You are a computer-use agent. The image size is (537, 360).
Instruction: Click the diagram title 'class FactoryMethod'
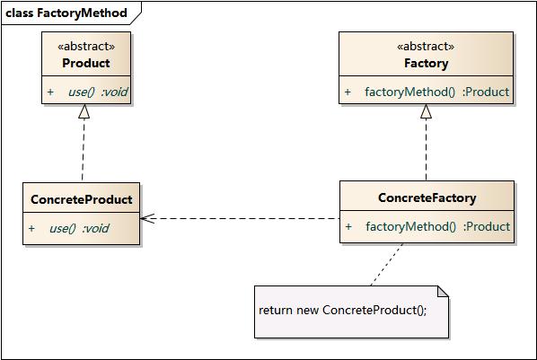pos(66,13)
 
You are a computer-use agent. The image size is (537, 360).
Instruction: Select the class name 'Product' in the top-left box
pos(86,63)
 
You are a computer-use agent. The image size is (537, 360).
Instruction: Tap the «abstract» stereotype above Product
pos(86,46)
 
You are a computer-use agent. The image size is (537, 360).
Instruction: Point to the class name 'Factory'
pos(426,63)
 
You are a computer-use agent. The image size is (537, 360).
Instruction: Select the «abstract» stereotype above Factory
pos(426,46)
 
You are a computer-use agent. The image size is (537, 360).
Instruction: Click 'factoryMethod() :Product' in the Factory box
pos(436,92)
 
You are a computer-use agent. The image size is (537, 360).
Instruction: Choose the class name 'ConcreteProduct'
pos(81,199)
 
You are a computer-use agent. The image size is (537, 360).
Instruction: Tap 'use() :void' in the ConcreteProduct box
pos(79,228)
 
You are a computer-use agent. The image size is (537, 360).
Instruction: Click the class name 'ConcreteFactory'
pos(427,198)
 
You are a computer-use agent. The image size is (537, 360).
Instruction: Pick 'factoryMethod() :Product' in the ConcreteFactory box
pos(437,226)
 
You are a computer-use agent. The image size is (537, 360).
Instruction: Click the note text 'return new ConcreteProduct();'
pos(343,310)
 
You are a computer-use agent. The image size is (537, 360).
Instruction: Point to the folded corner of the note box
pos(442,291)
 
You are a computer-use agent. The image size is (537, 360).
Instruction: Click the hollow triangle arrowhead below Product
pos(84,111)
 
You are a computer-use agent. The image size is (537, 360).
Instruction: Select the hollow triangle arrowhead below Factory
pos(427,111)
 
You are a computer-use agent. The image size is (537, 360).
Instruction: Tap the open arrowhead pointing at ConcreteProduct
pos(147,218)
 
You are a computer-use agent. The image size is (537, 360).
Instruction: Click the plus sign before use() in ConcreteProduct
pos(31,228)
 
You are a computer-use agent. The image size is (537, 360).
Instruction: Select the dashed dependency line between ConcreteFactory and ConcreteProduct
pos(242,218)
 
